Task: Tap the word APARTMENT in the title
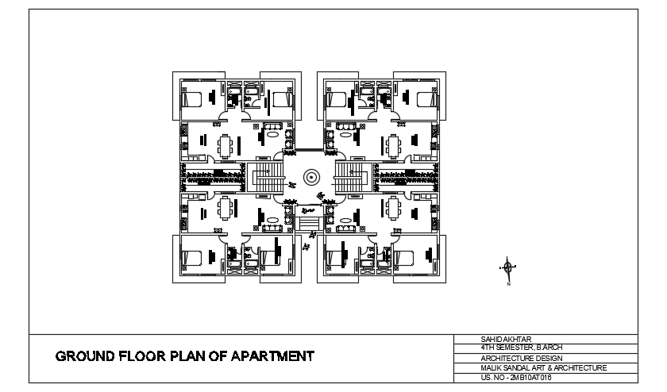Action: pyautogui.click(x=272, y=356)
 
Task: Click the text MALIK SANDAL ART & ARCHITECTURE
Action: pyautogui.click(x=543, y=367)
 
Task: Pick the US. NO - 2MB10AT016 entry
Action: pyautogui.click(x=516, y=377)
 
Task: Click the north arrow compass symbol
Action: pyautogui.click(x=508, y=267)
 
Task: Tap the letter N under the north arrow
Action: pyautogui.click(x=508, y=282)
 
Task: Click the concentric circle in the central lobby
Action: pyautogui.click(x=310, y=176)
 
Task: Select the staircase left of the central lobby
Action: pyautogui.click(x=265, y=176)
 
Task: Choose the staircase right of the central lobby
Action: pyautogui.click(x=349, y=176)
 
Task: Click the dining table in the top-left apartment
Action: pyautogui.click(x=227, y=146)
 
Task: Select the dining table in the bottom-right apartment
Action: pyautogui.click(x=393, y=208)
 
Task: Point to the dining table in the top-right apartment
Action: pyautogui.click(x=393, y=146)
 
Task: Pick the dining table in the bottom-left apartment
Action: pyautogui.click(x=227, y=208)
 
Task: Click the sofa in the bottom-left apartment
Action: pyautogui.click(x=272, y=227)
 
